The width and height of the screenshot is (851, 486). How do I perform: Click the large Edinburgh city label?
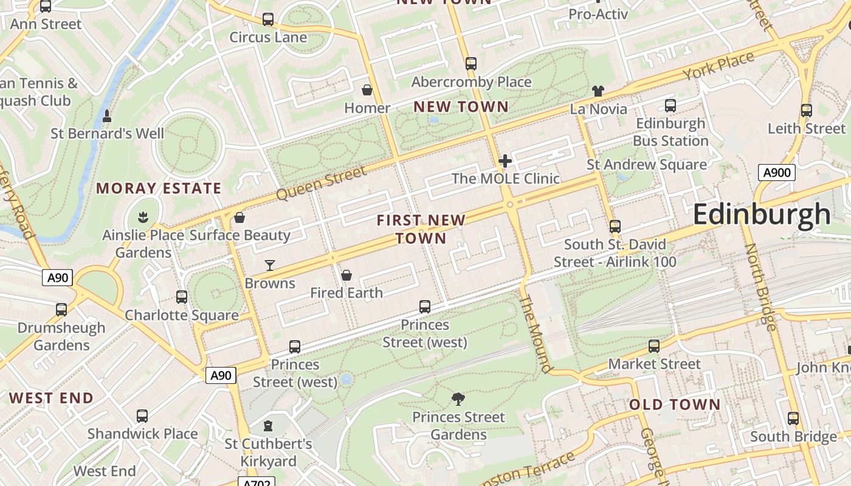[x=761, y=214]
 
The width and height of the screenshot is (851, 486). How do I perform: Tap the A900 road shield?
[x=776, y=173]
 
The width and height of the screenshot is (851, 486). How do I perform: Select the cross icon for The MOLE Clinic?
[x=505, y=161]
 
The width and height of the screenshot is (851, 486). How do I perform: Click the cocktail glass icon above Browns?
[x=270, y=265]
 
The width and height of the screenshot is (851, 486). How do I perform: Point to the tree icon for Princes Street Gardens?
[x=458, y=399]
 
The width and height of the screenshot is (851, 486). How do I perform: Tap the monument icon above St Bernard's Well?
[x=107, y=115]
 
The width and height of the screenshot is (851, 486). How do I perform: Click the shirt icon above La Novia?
[x=598, y=91]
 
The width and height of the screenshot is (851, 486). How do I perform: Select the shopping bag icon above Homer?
[x=367, y=91]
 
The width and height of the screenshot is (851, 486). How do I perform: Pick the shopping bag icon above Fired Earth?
[x=346, y=276]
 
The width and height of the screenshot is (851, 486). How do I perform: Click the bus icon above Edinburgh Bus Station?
[x=670, y=106]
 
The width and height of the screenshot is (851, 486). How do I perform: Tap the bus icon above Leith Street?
[x=806, y=111]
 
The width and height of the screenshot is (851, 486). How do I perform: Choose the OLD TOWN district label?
[x=674, y=405]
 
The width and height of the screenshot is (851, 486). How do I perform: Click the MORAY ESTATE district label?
[x=159, y=188]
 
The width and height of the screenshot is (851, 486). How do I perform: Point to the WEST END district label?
[x=52, y=399]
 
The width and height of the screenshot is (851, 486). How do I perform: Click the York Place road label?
[x=718, y=66]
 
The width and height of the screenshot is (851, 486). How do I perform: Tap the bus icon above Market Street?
[x=654, y=346]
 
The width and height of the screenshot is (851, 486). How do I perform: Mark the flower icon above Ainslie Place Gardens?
[x=143, y=217]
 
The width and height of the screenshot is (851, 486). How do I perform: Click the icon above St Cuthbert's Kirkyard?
[x=268, y=426]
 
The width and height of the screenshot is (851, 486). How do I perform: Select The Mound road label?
[x=537, y=334]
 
